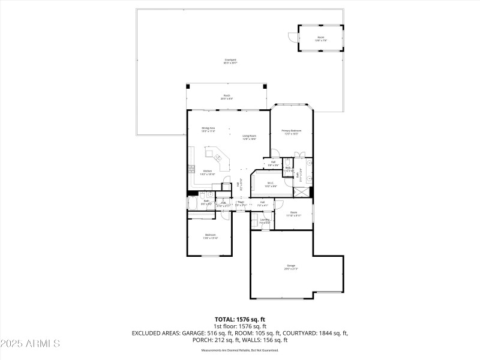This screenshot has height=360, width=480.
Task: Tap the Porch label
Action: (227, 96)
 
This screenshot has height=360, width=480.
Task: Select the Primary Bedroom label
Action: (292, 131)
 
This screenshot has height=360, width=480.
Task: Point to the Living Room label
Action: (250, 137)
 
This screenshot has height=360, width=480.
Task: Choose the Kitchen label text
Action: (207, 172)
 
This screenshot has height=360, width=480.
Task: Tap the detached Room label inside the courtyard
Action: (321, 38)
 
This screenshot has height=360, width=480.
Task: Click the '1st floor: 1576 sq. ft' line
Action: (240, 326)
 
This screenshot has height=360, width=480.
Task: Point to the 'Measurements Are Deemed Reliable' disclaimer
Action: (240, 350)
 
